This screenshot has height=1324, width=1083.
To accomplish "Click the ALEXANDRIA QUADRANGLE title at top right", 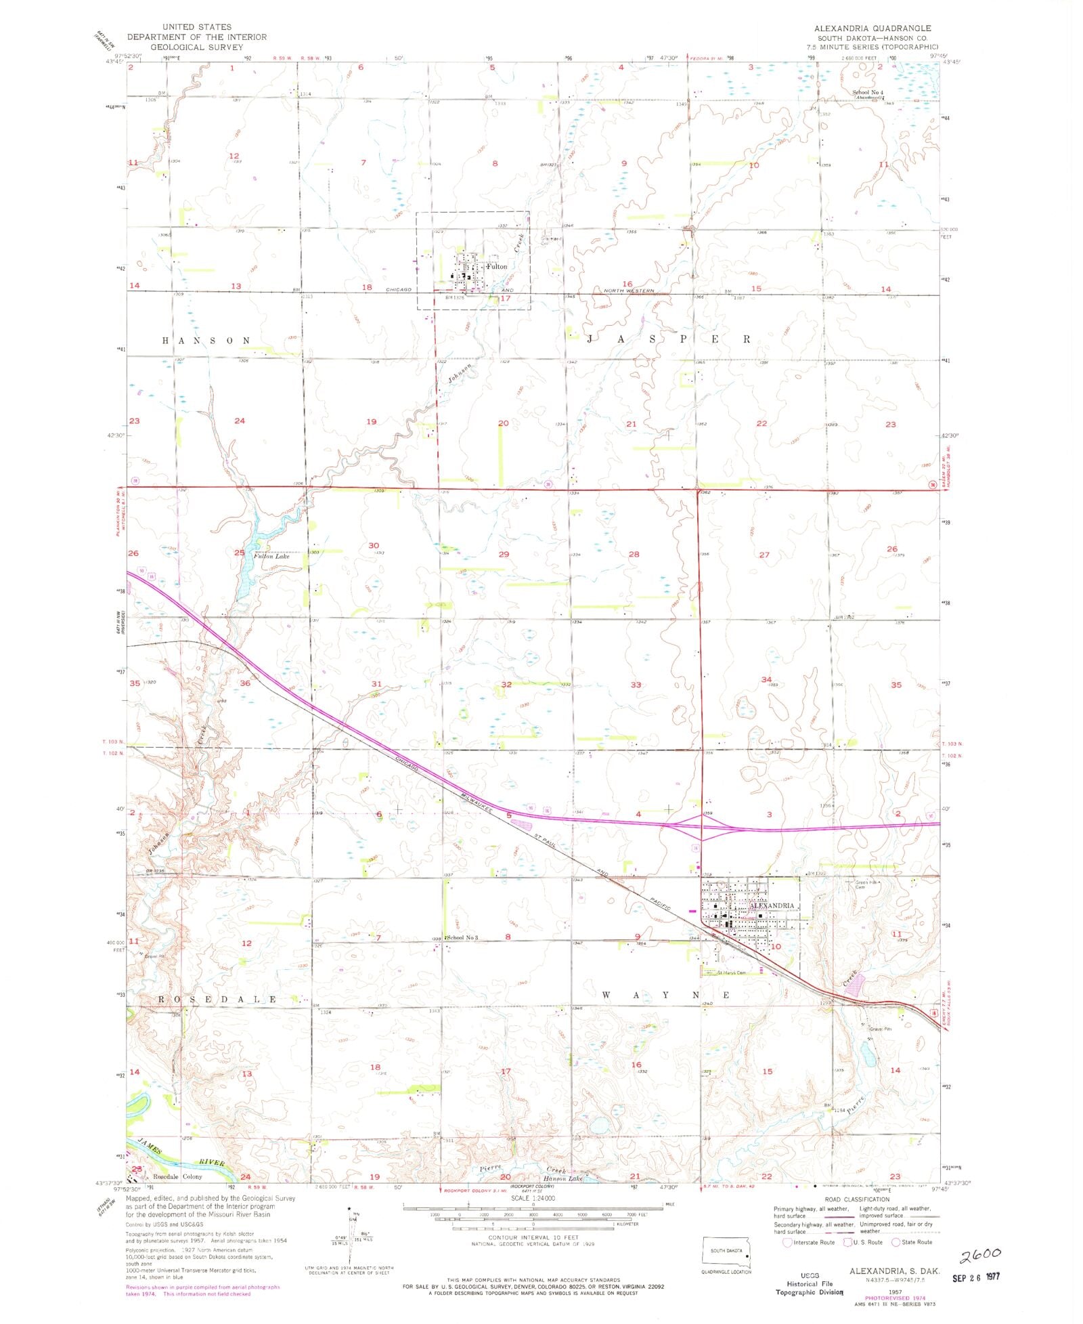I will click(872, 28).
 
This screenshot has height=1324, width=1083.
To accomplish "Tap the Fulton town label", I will click(496, 267).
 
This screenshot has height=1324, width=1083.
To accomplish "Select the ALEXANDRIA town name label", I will click(771, 905).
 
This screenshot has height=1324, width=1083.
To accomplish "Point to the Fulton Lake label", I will click(271, 556).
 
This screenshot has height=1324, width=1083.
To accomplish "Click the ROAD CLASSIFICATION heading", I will click(856, 1199).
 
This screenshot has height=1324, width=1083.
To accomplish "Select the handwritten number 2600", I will click(979, 1256).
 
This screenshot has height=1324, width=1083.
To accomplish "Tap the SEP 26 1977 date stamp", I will click(975, 1277).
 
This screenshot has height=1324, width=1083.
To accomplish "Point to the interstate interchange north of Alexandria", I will click(702, 826).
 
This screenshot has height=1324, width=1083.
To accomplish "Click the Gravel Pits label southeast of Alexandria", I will click(880, 1029).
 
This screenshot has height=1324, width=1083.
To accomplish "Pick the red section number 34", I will click(766, 679).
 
